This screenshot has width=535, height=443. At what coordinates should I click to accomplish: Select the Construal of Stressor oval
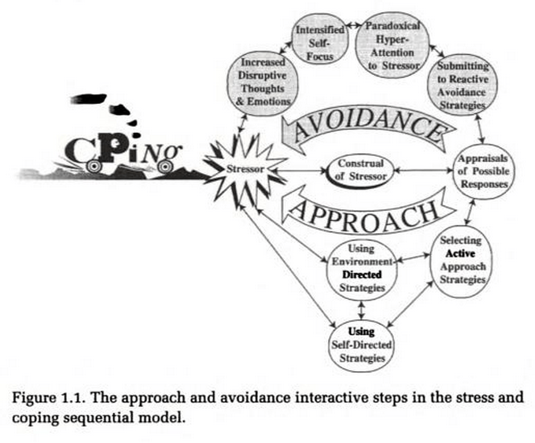(x=360, y=170)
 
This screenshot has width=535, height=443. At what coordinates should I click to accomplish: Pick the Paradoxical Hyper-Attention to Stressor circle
(x=392, y=45)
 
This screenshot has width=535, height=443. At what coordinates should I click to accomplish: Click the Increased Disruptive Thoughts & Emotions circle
(x=263, y=82)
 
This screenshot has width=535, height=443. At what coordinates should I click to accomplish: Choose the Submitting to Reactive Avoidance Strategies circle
(x=462, y=86)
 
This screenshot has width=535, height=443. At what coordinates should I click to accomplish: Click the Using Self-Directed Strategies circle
(x=362, y=345)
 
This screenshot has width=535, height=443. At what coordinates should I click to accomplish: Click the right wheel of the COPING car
(x=165, y=167)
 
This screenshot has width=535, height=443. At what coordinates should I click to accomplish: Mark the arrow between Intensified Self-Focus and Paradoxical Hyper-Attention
(x=352, y=24)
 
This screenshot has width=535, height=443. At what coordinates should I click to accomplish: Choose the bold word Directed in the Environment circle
(x=362, y=274)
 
